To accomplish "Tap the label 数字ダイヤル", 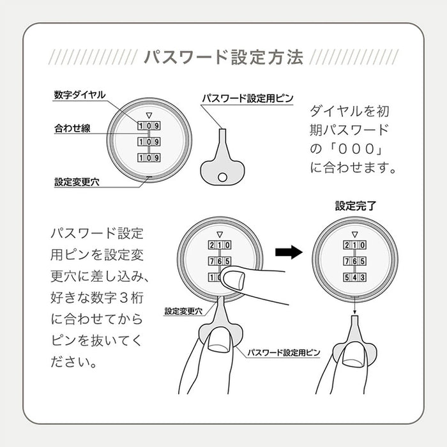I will pos(80,95).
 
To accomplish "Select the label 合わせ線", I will pos(72,128).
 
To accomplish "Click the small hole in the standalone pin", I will pos(223,177).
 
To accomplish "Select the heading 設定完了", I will pos(354,206).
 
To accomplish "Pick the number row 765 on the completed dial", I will pos(354,261).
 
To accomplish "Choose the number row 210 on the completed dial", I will pos(354,245).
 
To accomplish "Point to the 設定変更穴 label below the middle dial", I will pos(183,311).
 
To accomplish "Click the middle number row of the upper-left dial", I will pos(149,141).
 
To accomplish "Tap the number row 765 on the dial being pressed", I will pos(219,261).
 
